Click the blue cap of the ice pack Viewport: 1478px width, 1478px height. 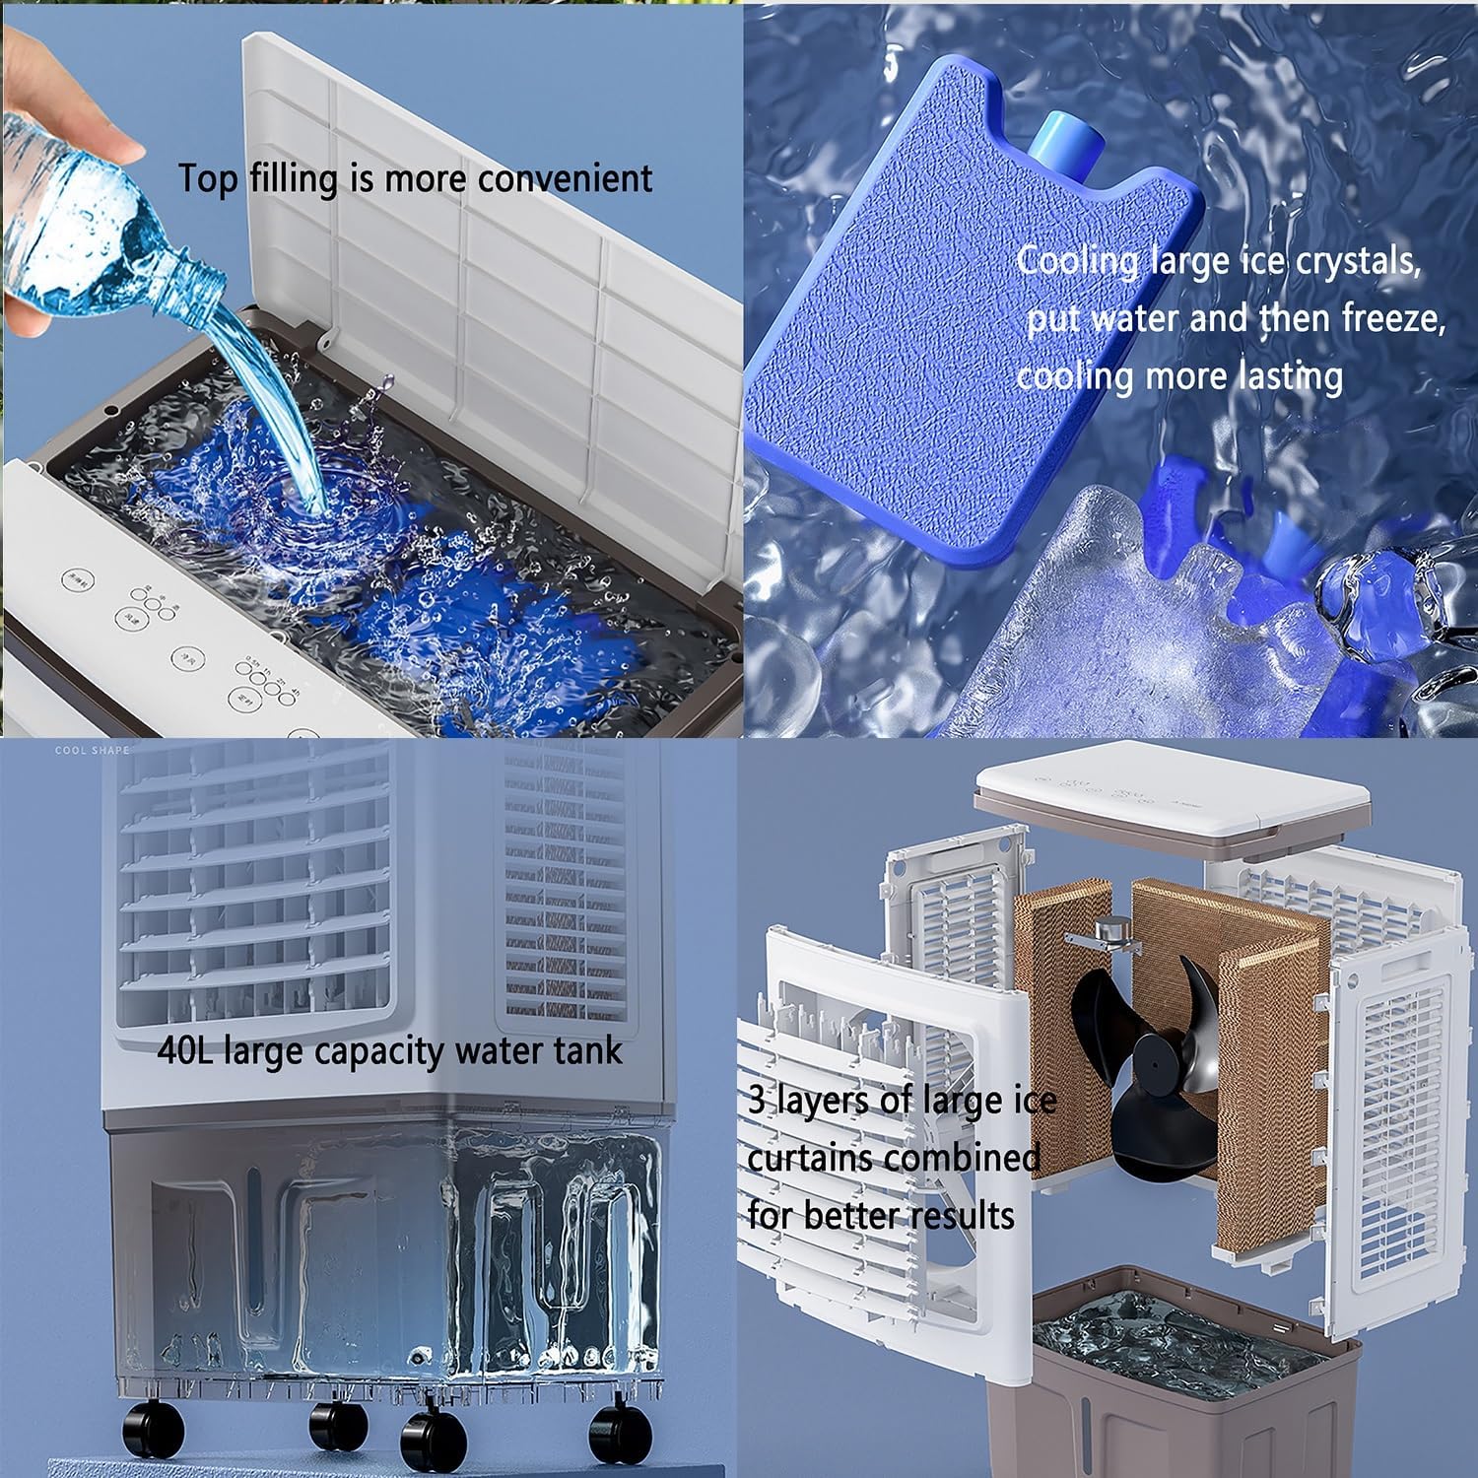[x=1057, y=144]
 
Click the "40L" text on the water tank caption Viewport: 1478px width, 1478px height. [x=187, y=1050]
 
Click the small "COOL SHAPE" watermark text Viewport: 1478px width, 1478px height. [x=92, y=751]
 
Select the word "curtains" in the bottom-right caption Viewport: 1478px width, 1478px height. [x=807, y=1158]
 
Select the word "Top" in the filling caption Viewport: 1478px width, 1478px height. [x=208, y=179]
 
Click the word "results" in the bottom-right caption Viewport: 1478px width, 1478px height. [x=961, y=1216]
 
